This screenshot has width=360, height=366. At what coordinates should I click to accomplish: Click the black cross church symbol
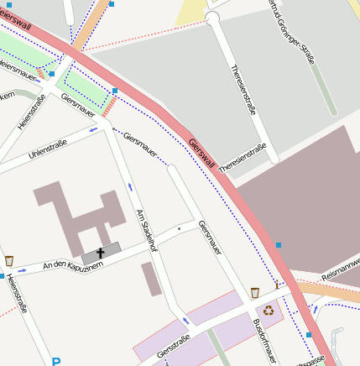click(x=101, y=252)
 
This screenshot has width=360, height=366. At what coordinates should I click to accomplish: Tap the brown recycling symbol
click(x=269, y=310)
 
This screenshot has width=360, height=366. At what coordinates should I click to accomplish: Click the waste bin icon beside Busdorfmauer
click(x=255, y=293)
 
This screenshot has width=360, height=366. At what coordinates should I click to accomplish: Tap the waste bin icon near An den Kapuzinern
click(x=9, y=261)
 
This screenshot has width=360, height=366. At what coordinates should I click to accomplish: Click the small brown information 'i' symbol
click(x=277, y=286)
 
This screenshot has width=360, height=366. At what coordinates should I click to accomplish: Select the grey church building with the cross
click(x=101, y=252)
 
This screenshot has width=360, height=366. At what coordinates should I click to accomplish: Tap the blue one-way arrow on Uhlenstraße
click(x=91, y=130)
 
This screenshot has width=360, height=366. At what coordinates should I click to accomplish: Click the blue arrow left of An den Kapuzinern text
click(x=21, y=270)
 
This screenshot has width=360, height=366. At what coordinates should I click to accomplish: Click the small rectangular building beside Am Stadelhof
click(x=151, y=279)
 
